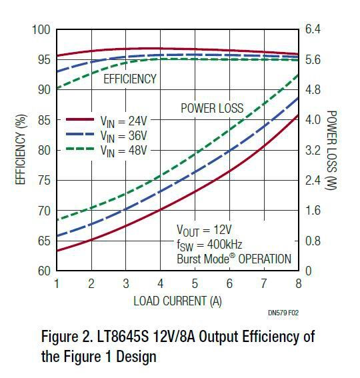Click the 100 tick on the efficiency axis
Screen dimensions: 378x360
pos(41,30)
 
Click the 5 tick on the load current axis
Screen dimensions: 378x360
pos(195,283)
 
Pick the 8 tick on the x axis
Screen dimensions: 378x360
pos(298,283)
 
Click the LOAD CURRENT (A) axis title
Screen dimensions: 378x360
pos(177,300)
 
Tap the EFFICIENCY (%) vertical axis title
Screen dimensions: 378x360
pos(21,151)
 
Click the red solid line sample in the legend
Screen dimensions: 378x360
pos(83,120)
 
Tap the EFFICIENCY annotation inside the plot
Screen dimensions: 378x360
pos(130,79)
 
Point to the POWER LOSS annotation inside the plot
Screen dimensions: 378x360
pos(212,108)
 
